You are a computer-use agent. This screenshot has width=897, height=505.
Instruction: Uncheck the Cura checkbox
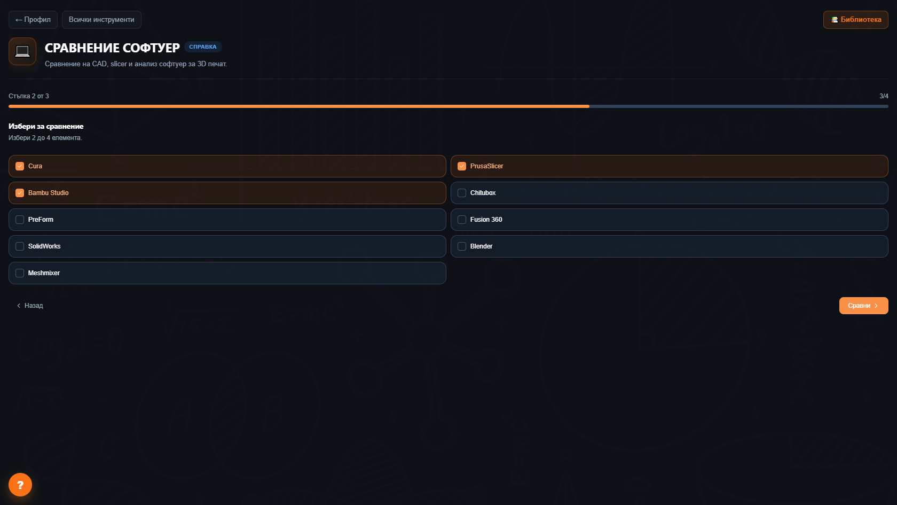(20, 166)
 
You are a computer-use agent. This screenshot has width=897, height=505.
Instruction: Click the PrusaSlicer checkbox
(462, 166)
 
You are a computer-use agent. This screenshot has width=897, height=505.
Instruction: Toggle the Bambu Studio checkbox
(20, 193)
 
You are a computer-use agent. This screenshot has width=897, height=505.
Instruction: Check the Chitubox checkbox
(462, 193)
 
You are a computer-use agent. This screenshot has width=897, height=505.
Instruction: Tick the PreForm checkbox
(20, 220)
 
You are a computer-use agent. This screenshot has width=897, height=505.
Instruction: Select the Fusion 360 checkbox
(462, 220)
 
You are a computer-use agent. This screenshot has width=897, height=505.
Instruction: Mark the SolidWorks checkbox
(20, 246)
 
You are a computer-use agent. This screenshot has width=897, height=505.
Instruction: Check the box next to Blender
(462, 246)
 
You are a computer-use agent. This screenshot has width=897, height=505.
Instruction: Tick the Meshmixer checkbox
(20, 273)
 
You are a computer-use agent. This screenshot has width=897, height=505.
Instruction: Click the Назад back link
(30, 306)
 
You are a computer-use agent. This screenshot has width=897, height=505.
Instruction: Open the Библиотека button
(856, 20)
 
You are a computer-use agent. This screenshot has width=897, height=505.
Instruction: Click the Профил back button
(33, 20)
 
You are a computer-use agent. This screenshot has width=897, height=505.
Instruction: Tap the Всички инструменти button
(101, 20)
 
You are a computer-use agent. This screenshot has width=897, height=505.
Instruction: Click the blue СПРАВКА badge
(203, 47)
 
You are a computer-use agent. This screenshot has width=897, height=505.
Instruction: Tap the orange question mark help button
(20, 485)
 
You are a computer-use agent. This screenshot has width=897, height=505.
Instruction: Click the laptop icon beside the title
(22, 51)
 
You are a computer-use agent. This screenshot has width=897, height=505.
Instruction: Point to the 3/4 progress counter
(883, 96)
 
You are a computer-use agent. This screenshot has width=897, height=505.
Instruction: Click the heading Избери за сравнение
(46, 126)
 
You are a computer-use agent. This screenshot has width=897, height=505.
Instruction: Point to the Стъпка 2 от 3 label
(29, 96)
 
